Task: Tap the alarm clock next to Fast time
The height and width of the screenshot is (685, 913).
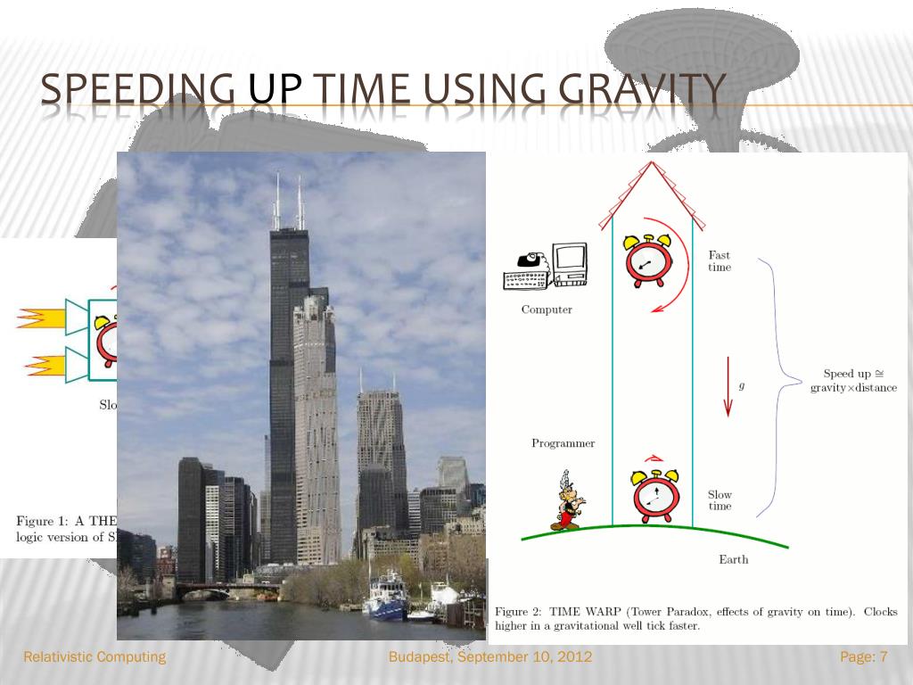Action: pyautogui.click(x=648, y=260)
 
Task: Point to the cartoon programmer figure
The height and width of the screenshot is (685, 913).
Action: pyautogui.click(x=565, y=501)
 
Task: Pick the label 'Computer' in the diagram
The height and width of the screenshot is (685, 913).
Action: pyautogui.click(x=547, y=310)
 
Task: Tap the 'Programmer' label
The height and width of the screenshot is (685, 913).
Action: pyautogui.click(x=563, y=443)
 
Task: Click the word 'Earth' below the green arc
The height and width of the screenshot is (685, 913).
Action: pyautogui.click(x=733, y=560)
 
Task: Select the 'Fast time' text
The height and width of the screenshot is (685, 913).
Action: pyautogui.click(x=720, y=261)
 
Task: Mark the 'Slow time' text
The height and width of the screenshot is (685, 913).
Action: pyautogui.click(x=720, y=500)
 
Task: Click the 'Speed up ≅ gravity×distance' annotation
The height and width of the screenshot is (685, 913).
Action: pyautogui.click(x=853, y=381)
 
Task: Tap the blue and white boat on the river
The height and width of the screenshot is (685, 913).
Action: pyautogui.click(x=388, y=599)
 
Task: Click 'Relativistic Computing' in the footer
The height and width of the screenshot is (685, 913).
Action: pyautogui.click(x=95, y=657)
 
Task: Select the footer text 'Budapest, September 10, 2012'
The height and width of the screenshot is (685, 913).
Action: pyautogui.click(x=491, y=657)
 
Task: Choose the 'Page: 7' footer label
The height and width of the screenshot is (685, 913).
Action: pyautogui.click(x=864, y=657)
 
